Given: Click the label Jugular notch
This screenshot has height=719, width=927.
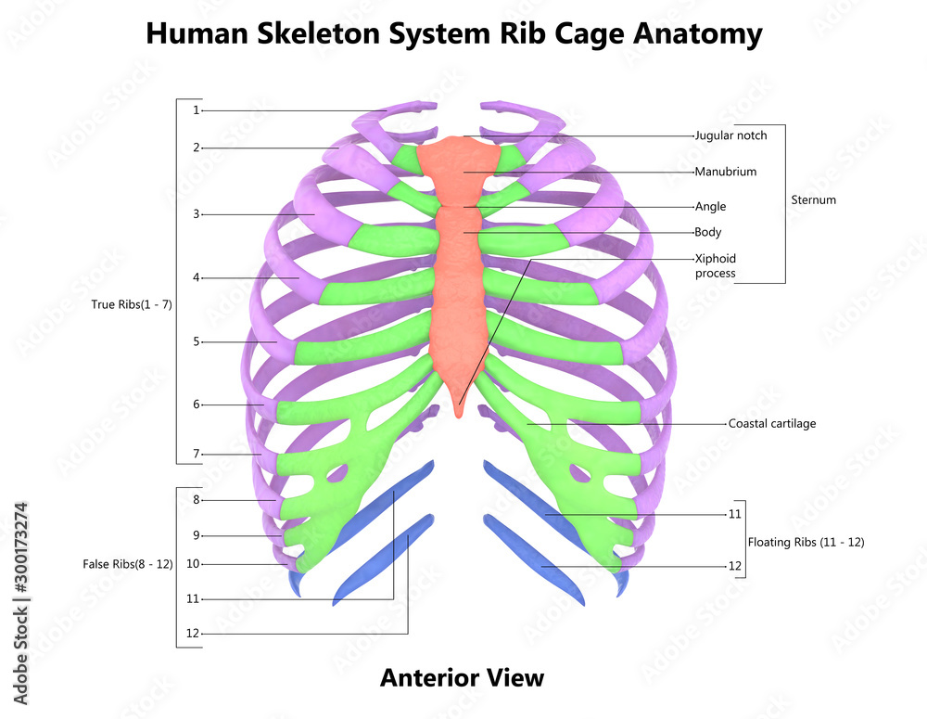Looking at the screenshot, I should click(x=730, y=135).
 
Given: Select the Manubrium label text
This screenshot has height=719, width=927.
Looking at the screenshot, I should click(x=726, y=172).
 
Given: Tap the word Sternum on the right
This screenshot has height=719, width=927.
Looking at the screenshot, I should click(x=813, y=199).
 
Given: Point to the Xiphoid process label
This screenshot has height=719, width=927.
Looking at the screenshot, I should click(x=715, y=265).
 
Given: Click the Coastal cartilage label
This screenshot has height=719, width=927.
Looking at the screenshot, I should click(x=772, y=423).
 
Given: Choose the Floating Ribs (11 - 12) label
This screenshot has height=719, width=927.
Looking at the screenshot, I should click(x=806, y=542).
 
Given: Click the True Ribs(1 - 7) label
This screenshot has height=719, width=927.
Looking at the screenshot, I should click(x=132, y=304).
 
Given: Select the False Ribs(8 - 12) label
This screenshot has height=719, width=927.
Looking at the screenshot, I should click(x=128, y=564).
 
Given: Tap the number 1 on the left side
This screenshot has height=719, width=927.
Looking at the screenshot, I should click(x=197, y=110).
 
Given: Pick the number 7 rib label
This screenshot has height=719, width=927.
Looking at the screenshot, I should click(x=197, y=455).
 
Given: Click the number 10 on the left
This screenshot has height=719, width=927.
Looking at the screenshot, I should click(x=193, y=564).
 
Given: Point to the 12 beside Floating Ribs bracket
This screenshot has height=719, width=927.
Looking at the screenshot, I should click(x=735, y=566).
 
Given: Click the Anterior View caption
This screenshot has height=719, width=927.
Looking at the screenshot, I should click(x=462, y=678).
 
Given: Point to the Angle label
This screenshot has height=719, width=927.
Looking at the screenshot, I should click(x=710, y=207).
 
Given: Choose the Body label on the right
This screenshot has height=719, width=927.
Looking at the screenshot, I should click(x=707, y=232).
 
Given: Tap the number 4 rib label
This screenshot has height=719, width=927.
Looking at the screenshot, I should click(x=197, y=277).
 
